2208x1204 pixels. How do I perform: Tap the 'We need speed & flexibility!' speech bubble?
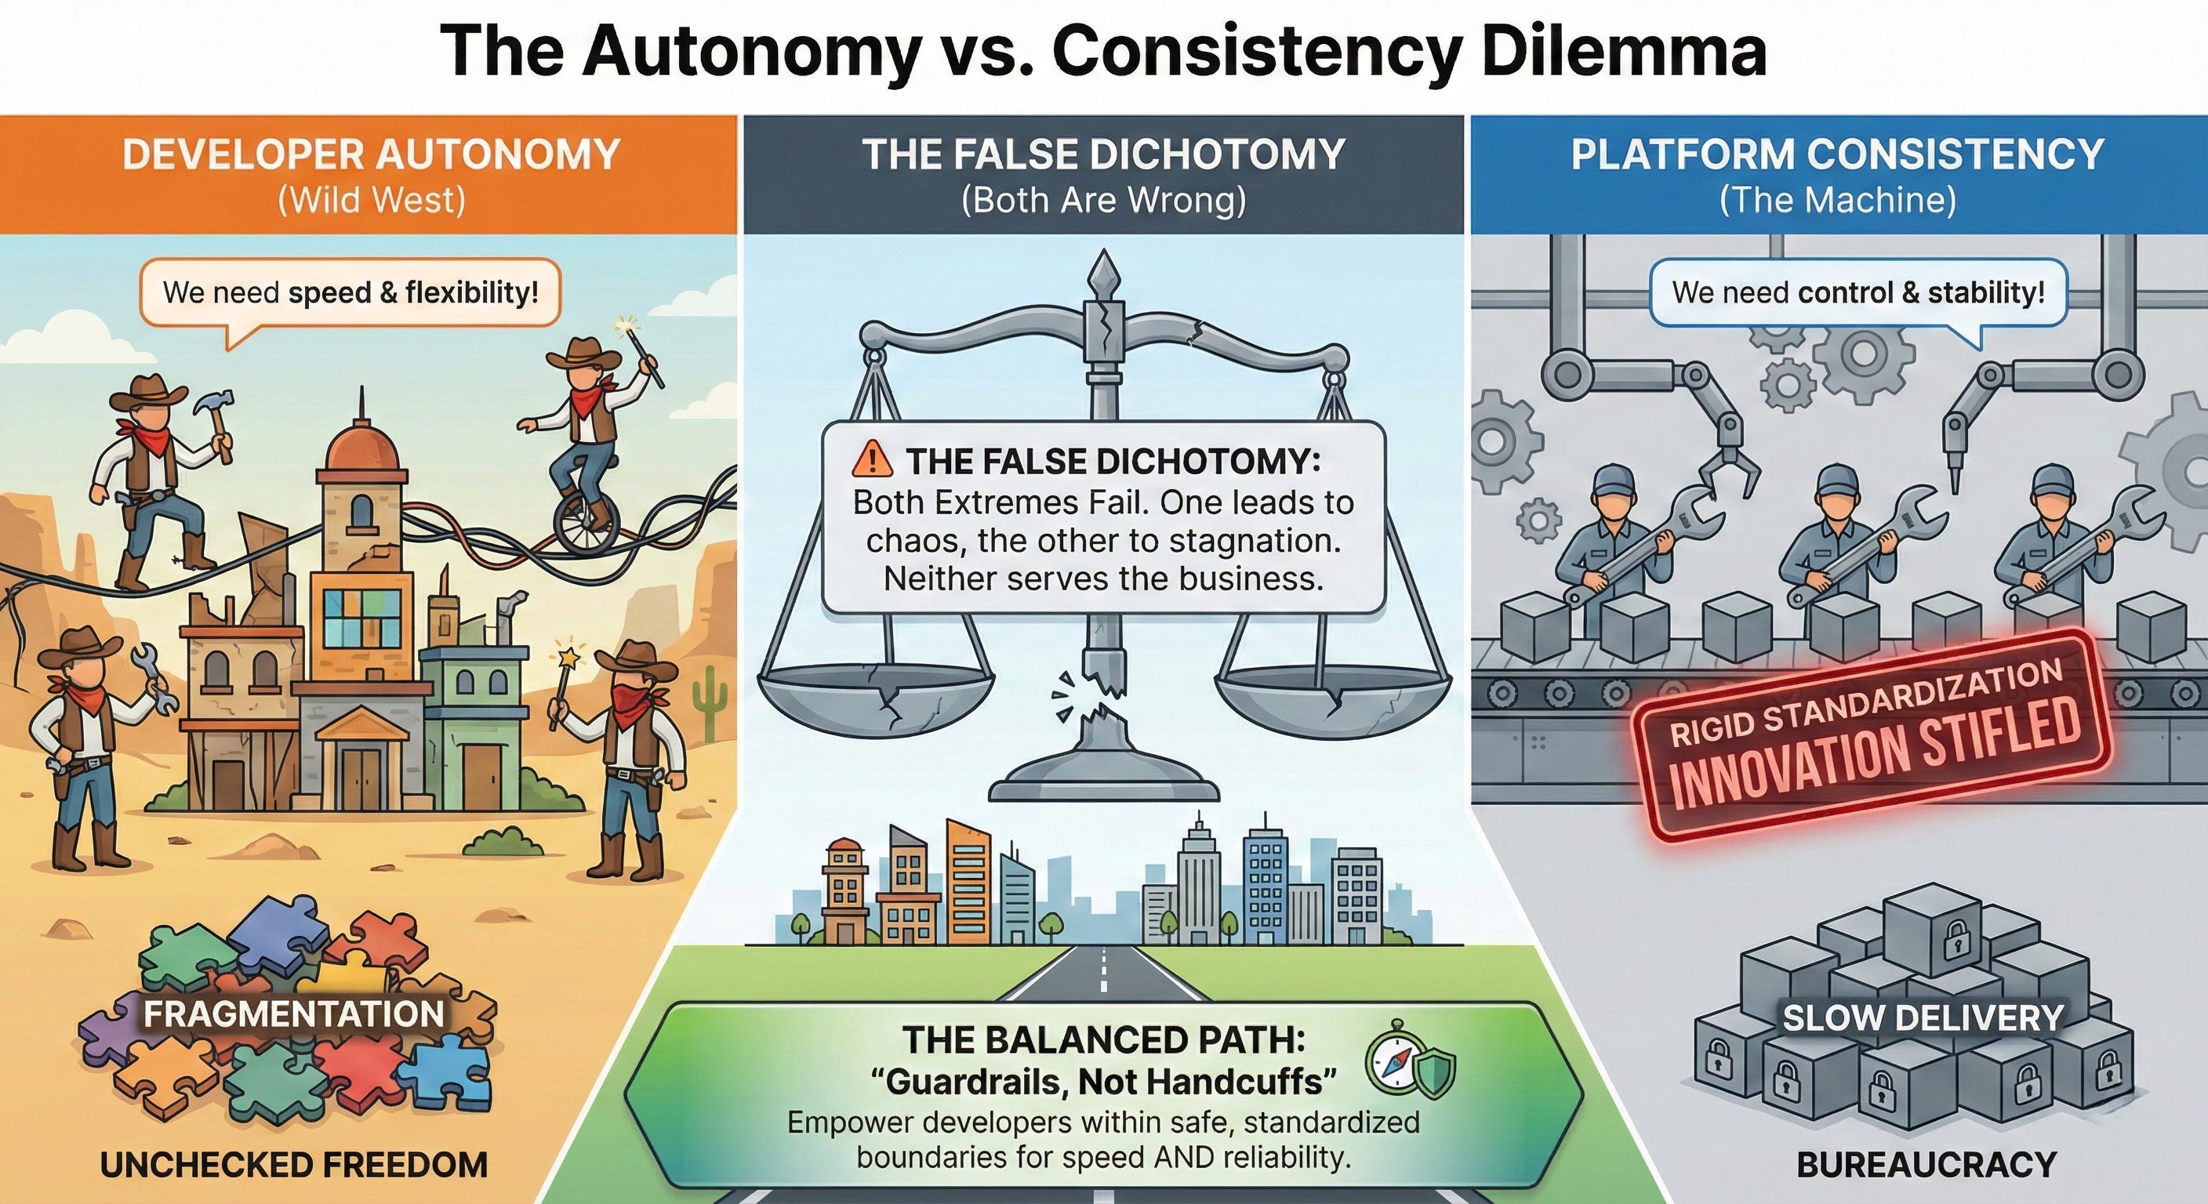[x=350, y=293]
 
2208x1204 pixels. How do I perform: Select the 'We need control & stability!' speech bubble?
[x=1858, y=293]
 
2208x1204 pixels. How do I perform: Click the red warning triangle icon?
[x=872, y=461]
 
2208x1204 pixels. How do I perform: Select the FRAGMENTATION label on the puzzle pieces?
[x=293, y=1014]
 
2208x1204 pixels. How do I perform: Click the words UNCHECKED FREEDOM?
[x=293, y=1165]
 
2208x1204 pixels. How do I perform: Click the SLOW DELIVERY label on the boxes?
[x=1923, y=1018]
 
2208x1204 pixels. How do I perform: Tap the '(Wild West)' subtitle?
[x=371, y=201]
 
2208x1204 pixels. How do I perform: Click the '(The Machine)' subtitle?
[x=1838, y=201]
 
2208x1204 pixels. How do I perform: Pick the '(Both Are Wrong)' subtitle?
[x=1103, y=201]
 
